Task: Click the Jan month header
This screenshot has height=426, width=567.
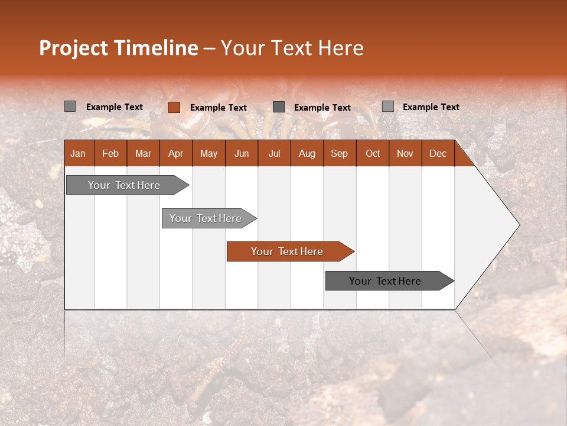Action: click(78, 153)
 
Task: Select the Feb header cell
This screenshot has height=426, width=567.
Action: click(110, 153)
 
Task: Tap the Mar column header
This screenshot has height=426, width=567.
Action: click(143, 153)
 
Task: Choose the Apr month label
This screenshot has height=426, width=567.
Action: click(175, 153)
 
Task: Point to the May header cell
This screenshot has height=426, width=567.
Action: click(208, 153)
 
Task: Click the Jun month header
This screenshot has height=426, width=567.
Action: click(242, 153)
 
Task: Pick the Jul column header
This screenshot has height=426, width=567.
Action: click(274, 153)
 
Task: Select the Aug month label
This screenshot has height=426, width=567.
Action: click(307, 153)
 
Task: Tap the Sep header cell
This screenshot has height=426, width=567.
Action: click(339, 153)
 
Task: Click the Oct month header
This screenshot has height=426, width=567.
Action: click(373, 153)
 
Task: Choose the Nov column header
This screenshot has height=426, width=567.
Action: click(405, 153)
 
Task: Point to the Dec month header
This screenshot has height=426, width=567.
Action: click(438, 153)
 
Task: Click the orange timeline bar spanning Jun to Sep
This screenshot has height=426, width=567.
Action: click(288, 251)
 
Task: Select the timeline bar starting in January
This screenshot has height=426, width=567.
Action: click(125, 185)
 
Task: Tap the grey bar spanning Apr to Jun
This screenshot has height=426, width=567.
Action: click(206, 218)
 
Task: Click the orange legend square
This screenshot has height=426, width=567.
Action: click(174, 107)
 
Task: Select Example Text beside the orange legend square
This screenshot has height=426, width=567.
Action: click(219, 108)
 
